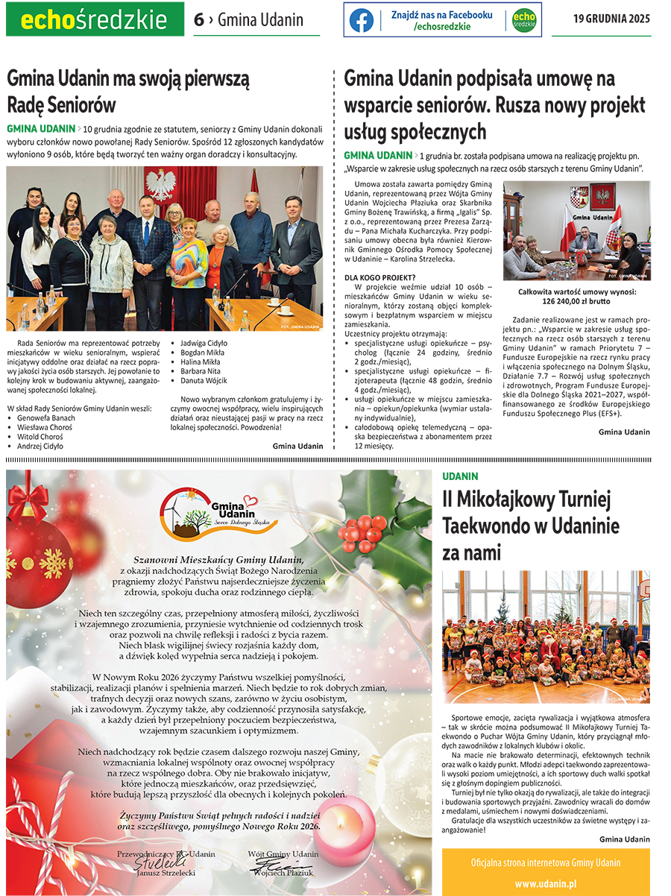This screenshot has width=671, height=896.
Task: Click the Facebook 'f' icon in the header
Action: click(x=362, y=20)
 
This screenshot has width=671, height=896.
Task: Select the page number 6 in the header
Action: click(x=198, y=20)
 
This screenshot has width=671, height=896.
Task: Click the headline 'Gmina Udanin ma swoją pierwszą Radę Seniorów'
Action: click(x=128, y=90)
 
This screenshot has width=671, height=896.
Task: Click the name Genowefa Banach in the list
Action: click(x=45, y=418)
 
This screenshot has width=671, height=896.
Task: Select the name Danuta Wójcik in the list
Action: click(x=201, y=381)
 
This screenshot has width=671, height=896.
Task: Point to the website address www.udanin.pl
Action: click(x=546, y=883)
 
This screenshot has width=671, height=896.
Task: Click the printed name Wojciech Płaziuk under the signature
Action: click(x=283, y=872)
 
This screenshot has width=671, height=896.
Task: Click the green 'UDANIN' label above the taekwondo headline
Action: click(x=460, y=476)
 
